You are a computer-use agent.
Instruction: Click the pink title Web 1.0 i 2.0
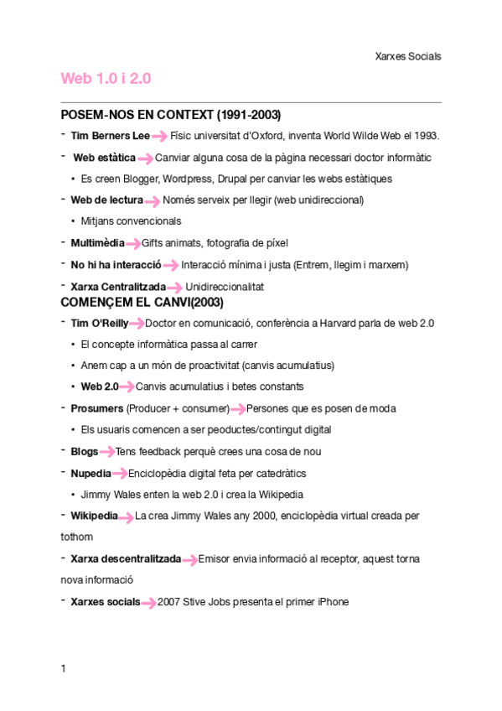pyautogui.click(x=106, y=78)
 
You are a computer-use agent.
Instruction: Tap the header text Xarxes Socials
pyautogui.click(x=408, y=56)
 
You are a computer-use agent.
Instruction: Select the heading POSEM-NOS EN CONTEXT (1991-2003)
pyautogui.click(x=171, y=114)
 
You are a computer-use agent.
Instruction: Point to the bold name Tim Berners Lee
pyautogui.click(x=110, y=136)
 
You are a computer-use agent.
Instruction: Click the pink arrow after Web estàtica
pyautogui.click(x=145, y=158)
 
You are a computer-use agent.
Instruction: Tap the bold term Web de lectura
pyautogui.click(x=106, y=200)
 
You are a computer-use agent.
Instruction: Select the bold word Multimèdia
pyautogui.click(x=97, y=243)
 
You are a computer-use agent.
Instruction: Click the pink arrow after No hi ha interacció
pyautogui.click(x=170, y=266)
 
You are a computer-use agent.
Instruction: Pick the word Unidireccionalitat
pyautogui.click(x=225, y=287)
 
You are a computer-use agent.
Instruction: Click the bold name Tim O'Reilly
pyautogui.click(x=99, y=323)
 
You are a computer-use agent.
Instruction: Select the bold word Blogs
pyautogui.click(x=84, y=451)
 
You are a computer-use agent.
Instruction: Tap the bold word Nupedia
pyautogui.click(x=91, y=473)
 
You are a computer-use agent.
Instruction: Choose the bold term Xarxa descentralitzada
pyautogui.click(x=126, y=558)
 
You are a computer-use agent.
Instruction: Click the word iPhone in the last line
pyautogui.click(x=332, y=602)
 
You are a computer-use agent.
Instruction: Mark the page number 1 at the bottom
pyautogui.click(x=64, y=668)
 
